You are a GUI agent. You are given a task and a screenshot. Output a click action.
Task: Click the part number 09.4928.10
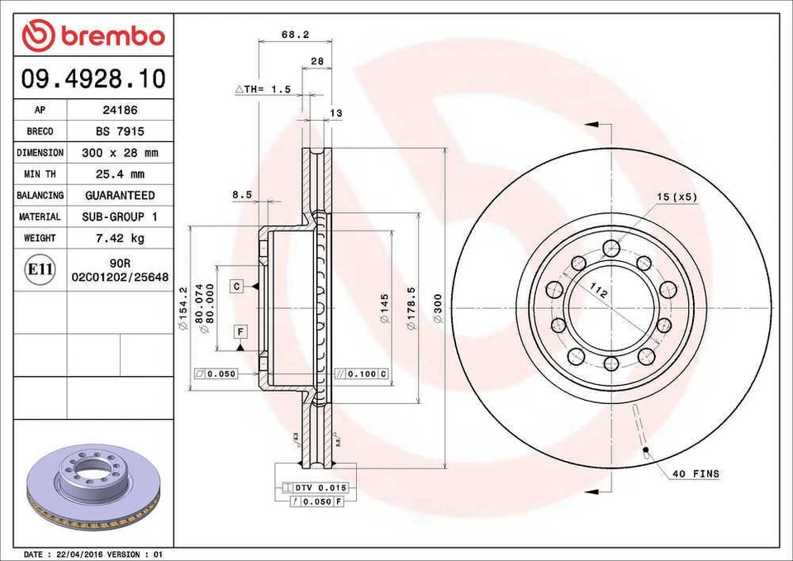point(93,78)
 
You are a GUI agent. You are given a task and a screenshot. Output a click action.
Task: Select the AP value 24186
point(120,110)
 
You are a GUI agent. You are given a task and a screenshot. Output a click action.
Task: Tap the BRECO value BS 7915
point(120,131)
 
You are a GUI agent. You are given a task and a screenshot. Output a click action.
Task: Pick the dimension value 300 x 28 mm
point(120,153)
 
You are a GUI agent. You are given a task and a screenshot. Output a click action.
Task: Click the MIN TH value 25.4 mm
point(120,174)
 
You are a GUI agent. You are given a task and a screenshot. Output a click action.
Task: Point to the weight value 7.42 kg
point(120,238)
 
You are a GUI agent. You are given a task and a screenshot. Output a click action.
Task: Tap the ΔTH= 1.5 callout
point(264,89)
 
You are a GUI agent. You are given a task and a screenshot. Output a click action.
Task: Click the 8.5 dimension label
point(241,195)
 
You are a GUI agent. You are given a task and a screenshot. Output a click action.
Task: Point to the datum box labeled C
point(236,286)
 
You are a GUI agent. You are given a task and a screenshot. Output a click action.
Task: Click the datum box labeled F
point(240,331)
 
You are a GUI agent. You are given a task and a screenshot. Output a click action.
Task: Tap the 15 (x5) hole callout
point(677,197)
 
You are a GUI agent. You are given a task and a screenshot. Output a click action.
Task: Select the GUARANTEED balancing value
point(120,196)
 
